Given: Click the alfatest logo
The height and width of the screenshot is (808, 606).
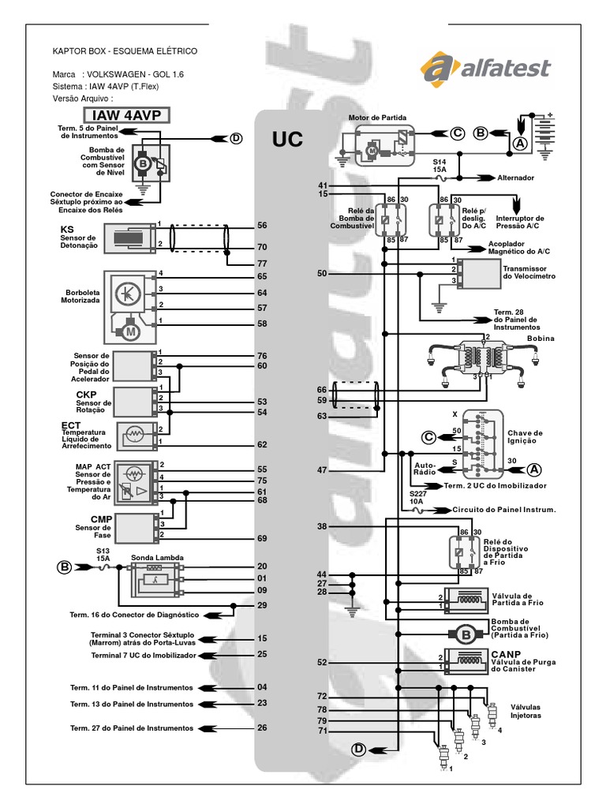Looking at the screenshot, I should point(486,67).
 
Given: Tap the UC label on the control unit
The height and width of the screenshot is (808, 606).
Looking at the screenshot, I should point(287,140).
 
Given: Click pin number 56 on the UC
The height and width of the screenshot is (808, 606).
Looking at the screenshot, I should point(262,226).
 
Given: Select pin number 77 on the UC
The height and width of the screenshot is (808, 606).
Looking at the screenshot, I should point(262,264).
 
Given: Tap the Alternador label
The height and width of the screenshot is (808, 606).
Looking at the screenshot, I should point(515,178).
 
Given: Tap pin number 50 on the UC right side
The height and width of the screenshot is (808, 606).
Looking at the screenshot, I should point(322,274).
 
